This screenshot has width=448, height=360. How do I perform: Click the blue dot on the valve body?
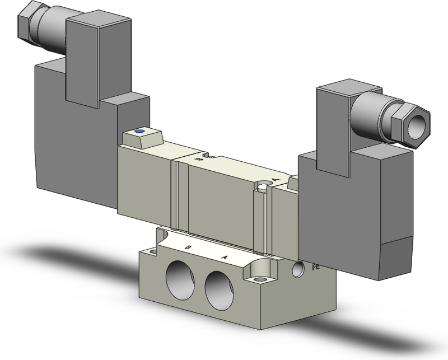pyautogui.click(x=139, y=132)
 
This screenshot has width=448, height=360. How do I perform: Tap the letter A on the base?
pyautogui.click(x=225, y=258)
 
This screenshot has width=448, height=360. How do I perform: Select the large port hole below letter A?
pyautogui.click(x=219, y=290)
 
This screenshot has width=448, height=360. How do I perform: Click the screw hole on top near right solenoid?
pyautogui.click(x=264, y=184)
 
